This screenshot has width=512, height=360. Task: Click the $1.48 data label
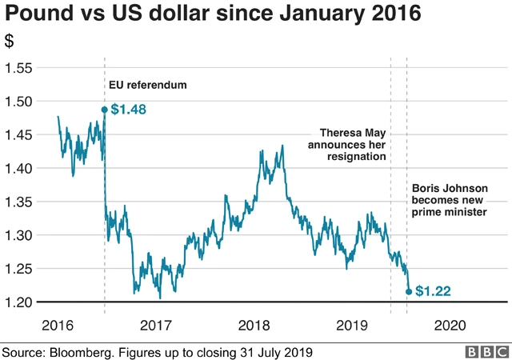(128, 110)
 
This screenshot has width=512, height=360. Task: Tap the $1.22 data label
(433, 292)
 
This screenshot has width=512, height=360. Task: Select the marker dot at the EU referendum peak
(105, 110)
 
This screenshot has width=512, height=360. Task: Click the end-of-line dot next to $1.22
(410, 292)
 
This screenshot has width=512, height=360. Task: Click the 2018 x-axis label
(254, 325)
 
